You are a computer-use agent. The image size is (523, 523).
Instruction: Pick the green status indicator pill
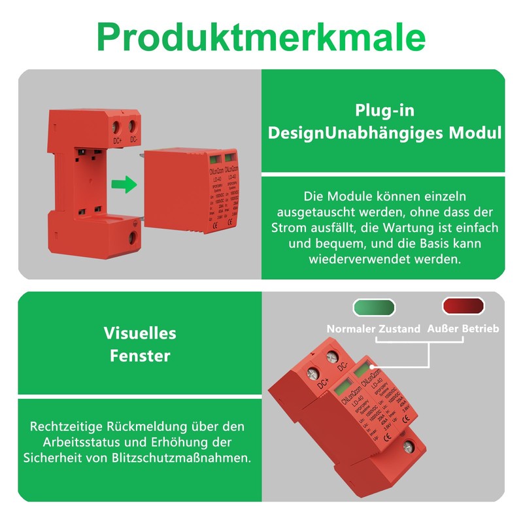[x=374, y=307]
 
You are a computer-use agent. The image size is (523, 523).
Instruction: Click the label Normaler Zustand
[x=373, y=329]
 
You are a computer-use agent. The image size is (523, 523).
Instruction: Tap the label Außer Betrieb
[x=462, y=329]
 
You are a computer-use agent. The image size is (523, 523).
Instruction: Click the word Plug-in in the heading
[x=384, y=110]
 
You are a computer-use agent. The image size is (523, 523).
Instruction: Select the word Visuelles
[x=140, y=333]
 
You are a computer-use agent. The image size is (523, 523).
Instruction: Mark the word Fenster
[x=140, y=356]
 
